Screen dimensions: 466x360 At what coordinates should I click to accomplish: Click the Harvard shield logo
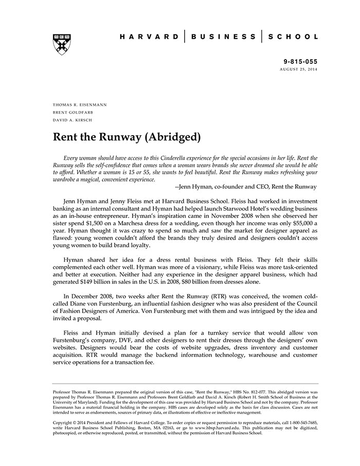pyautogui.click(x=61, y=44)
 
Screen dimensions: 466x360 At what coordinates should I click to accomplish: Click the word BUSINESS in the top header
pyautogui.click(x=223, y=37)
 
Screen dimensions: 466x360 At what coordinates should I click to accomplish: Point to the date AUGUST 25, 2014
pyautogui.click(x=298, y=69)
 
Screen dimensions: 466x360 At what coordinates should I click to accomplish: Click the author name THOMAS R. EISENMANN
pyautogui.click(x=80, y=104)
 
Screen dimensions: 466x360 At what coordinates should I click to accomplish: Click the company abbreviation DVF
pyautogui.click(x=129, y=340)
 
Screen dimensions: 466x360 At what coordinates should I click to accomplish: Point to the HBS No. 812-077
pyautogui.click(x=240, y=391)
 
